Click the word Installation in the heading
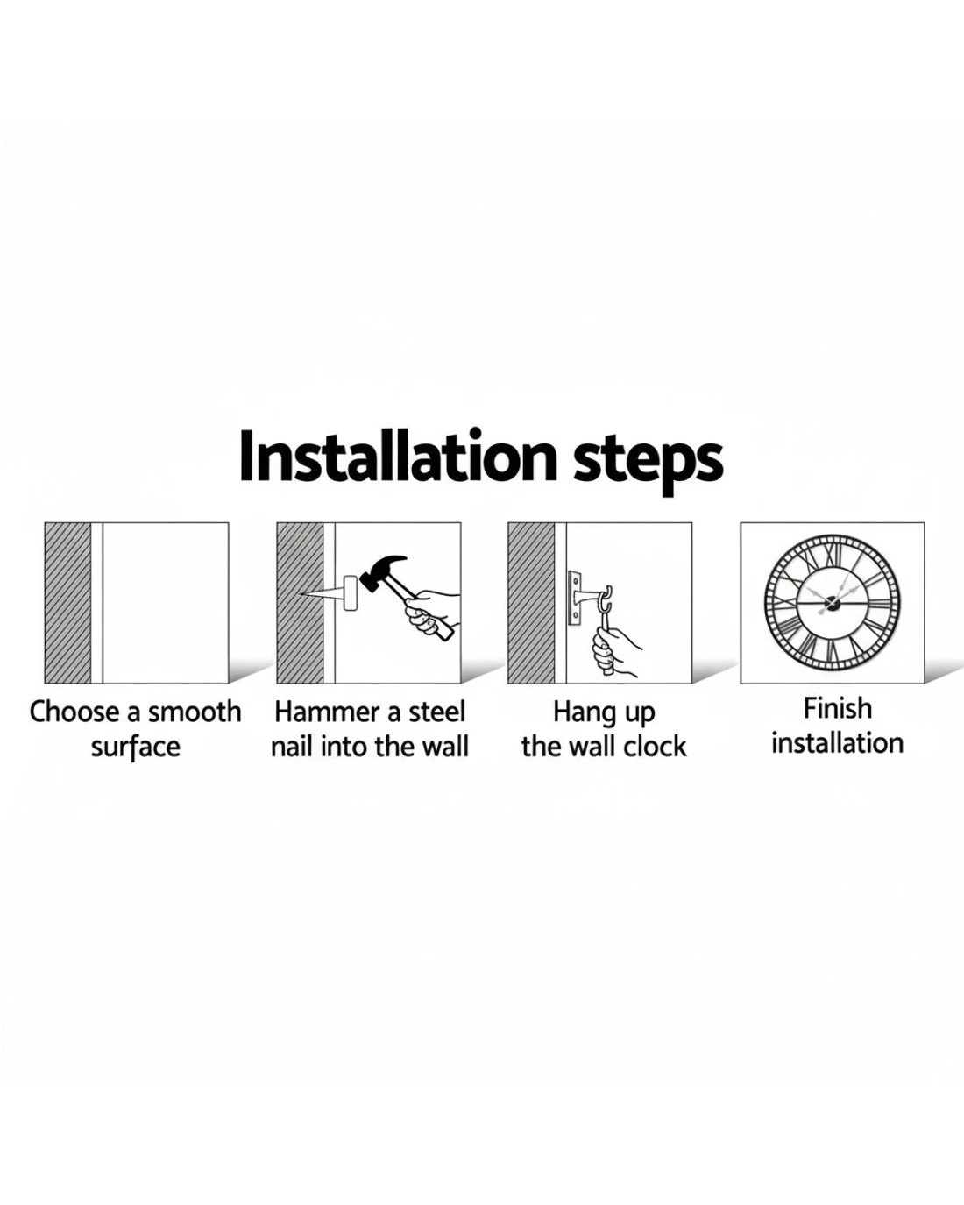pos(398,457)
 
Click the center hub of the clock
pos(832,604)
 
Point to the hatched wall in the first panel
pos(67,603)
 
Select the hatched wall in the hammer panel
pos(301,603)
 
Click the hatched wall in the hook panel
pos(531,603)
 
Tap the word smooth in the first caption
pos(195,712)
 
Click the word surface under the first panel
pos(136,748)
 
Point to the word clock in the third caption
pos(655,747)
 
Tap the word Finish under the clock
pos(838,708)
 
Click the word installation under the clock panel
pos(838,743)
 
